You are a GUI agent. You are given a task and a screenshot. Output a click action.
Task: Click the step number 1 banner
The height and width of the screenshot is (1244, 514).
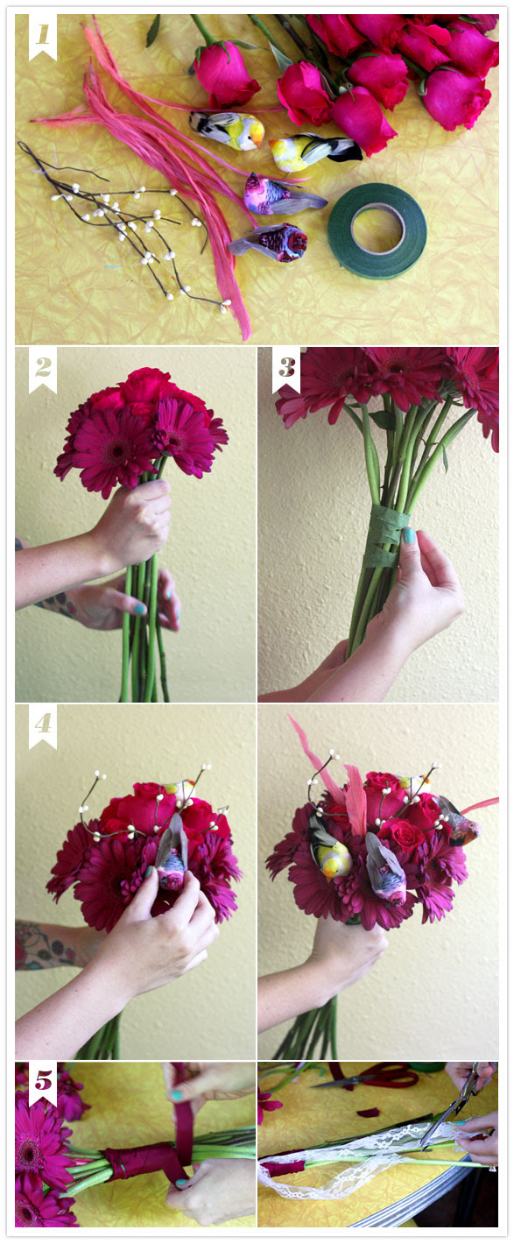tap(42, 37)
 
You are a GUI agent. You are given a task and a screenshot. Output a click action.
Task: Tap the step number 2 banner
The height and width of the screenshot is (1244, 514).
tap(43, 370)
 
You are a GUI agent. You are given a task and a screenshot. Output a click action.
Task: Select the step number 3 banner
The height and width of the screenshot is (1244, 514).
tap(285, 370)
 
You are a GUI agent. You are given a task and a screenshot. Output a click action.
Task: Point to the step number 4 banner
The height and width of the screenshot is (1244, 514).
tap(43, 726)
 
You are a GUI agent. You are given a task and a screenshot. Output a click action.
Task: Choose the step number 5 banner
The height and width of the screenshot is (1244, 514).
tap(43, 1083)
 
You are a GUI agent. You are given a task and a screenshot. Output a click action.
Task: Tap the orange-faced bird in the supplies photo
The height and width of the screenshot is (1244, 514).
tap(227, 130)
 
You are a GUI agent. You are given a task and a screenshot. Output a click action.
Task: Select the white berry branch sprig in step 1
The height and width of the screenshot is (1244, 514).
tap(122, 223)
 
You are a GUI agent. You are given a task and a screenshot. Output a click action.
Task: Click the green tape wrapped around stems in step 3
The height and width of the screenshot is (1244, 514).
tap(384, 536)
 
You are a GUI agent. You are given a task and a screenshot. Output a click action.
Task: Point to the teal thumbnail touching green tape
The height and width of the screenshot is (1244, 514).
tap(407, 536)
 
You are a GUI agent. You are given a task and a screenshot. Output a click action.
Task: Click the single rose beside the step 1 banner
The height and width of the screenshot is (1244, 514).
tap(225, 72)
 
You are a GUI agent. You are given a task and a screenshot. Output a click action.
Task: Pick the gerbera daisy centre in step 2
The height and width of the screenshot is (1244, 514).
tap(116, 449)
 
